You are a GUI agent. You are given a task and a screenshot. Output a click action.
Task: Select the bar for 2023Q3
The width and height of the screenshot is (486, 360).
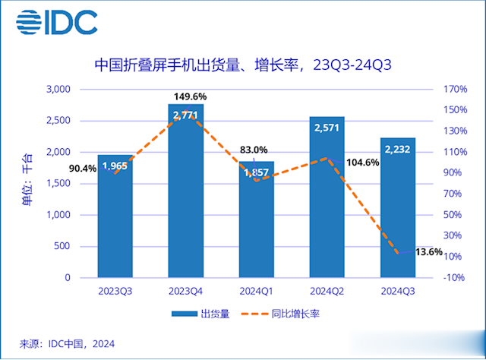[x=115, y=220]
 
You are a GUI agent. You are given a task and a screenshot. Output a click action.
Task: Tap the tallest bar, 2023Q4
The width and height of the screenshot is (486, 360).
[x=185, y=197]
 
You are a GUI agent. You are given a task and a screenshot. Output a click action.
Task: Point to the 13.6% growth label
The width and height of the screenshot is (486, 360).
[x=429, y=252]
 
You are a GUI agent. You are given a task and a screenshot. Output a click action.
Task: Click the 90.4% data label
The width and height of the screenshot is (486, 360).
[x=82, y=168]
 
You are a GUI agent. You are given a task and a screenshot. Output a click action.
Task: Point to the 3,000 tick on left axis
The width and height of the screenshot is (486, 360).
[x=58, y=90]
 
